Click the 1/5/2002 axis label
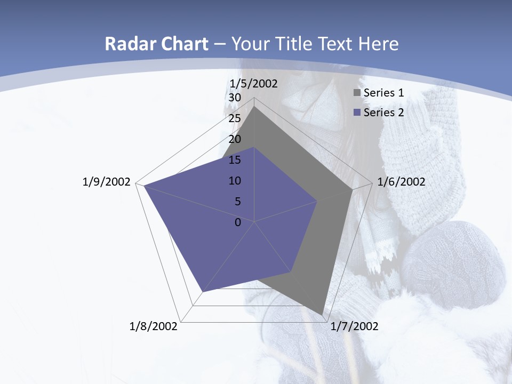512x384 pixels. point(254,83)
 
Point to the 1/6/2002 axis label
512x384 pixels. point(401,182)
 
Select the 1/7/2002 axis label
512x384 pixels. point(354,326)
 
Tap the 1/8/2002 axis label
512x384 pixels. point(154,326)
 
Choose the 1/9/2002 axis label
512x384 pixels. point(107,182)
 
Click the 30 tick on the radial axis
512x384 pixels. point(235,98)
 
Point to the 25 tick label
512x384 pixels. point(235,118)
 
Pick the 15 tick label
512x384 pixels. point(235,160)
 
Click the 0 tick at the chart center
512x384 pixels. point(238,222)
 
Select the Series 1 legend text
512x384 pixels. point(383,93)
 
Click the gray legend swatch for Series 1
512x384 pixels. point(357,93)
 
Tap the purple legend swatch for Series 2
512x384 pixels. point(357,113)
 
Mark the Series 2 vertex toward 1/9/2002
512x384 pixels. point(144,186)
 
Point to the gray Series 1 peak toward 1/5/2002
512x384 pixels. point(254,107)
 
